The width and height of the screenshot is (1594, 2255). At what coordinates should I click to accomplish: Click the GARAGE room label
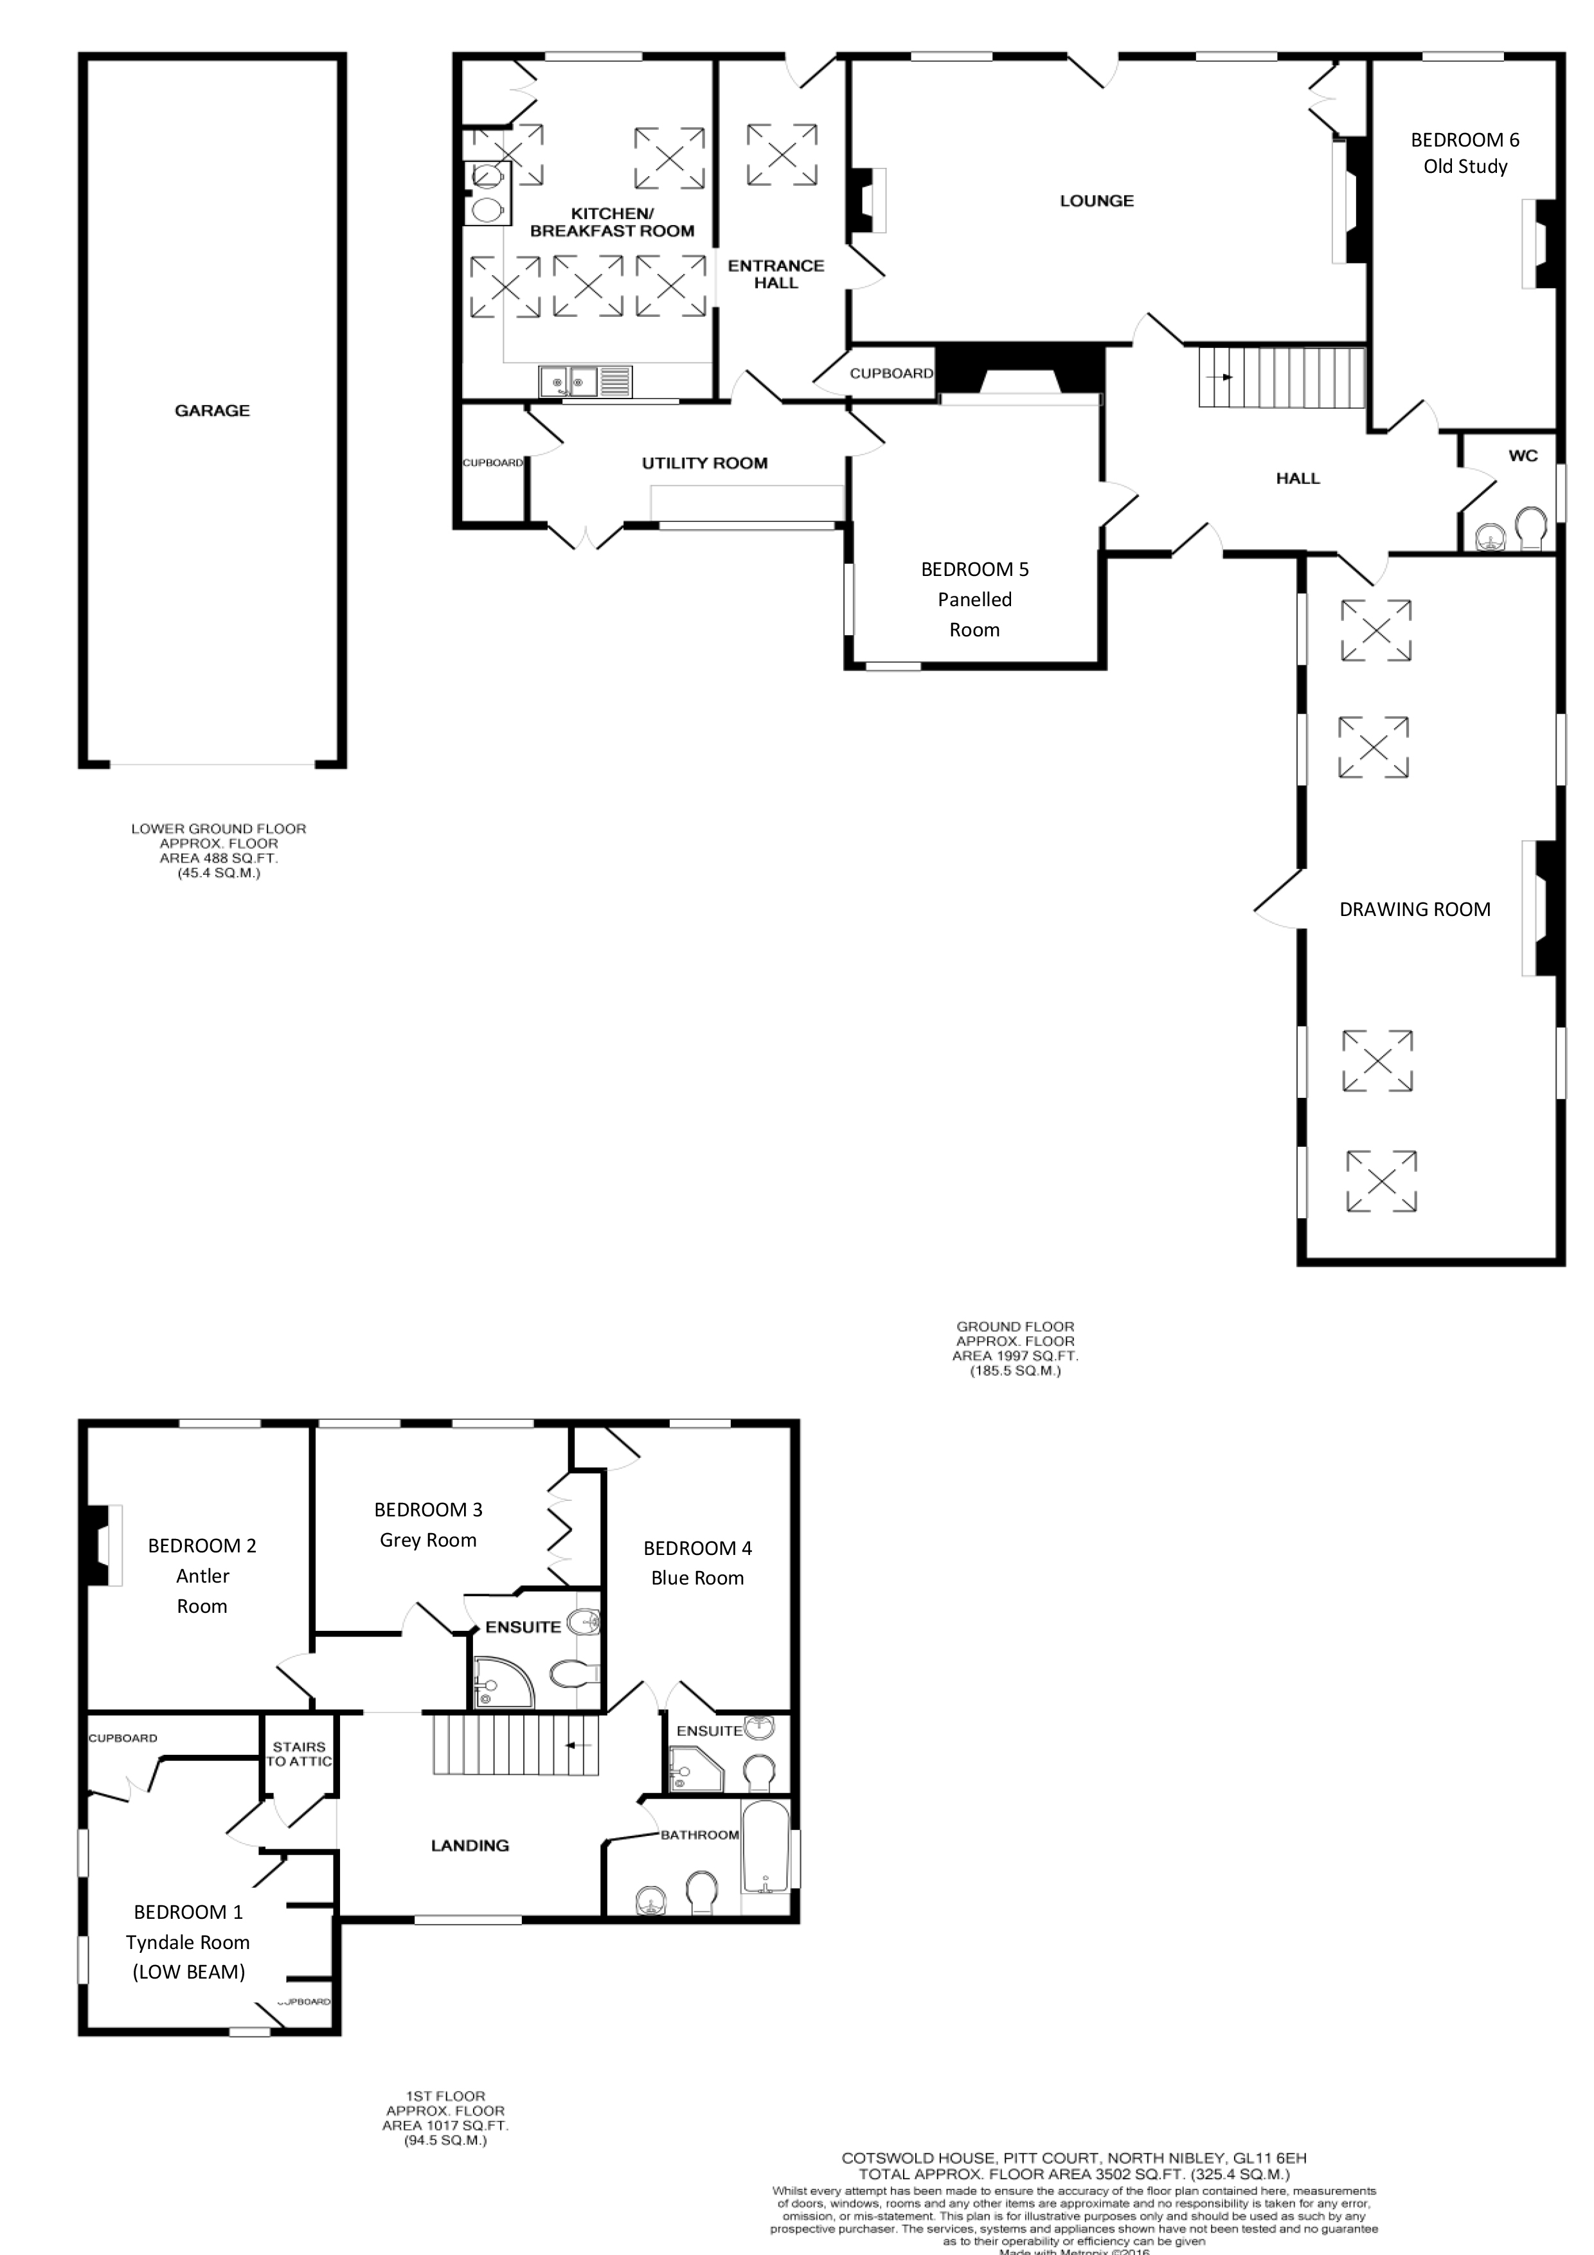click(212, 411)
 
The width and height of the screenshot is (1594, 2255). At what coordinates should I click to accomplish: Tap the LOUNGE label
click(1096, 201)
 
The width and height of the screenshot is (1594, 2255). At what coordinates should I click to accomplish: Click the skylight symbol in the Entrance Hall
click(782, 154)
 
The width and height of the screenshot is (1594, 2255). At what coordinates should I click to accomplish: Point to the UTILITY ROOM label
click(704, 463)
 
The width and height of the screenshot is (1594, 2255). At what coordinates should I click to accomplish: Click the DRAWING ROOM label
click(1414, 910)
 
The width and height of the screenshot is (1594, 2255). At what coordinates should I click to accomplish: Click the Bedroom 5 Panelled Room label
click(974, 599)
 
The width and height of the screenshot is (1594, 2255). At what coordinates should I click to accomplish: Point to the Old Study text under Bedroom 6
click(1464, 166)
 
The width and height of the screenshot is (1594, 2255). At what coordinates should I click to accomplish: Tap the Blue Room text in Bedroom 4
click(697, 1577)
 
